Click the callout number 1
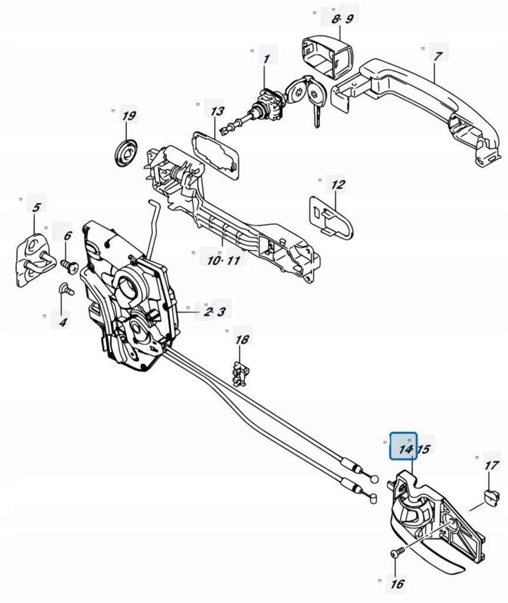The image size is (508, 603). click(x=266, y=59)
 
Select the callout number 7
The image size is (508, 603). click(x=437, y=57)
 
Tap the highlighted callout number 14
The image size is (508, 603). click(x=404, y=449)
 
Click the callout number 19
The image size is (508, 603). click(x=128, y=115)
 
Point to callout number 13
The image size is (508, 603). click(x=217, y=111)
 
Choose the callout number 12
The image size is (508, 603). click(x=337, y=185)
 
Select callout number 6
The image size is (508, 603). click(x=67, y=236)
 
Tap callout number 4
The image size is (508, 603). click(x=63, y=322)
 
